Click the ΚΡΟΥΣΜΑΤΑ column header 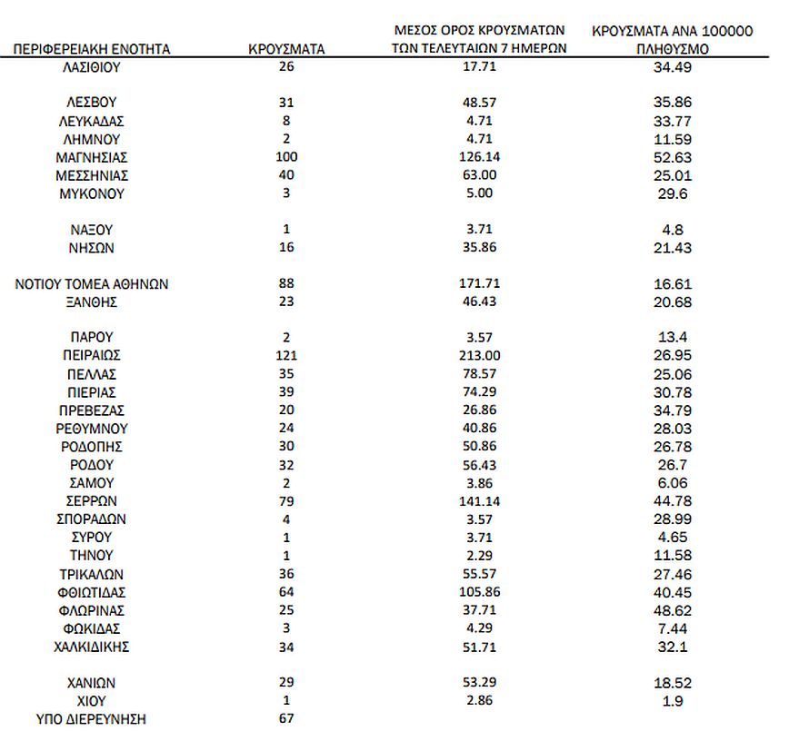tap(286, 49)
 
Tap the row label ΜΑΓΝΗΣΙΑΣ tap(92, 157)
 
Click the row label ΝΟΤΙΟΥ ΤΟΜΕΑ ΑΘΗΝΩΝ tap(92, 284)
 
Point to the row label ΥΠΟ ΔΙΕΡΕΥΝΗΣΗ tap(92, 719)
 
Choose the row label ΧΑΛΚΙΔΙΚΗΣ tap(92, 647)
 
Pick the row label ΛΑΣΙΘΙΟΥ tap(92, 67)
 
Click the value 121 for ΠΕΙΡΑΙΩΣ tap(286, 356)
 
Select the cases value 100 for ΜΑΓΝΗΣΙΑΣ tap(286, 157)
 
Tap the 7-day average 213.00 tap(480, 356)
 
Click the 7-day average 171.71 tap(480, 284)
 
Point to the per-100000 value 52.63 tap(672, 157)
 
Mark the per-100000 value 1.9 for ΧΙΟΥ tap(672, 701)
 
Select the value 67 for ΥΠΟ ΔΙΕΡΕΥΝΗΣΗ tap(286, 719)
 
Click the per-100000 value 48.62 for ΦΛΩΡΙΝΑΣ tap(672, 610)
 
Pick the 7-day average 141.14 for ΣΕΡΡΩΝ tap(480, 501)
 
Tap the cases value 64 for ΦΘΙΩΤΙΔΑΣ tap(286, 592)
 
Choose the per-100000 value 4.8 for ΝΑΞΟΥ tap(672, 230)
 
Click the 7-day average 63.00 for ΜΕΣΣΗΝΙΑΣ tap(480, 175)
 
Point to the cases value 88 tap(286, 284)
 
